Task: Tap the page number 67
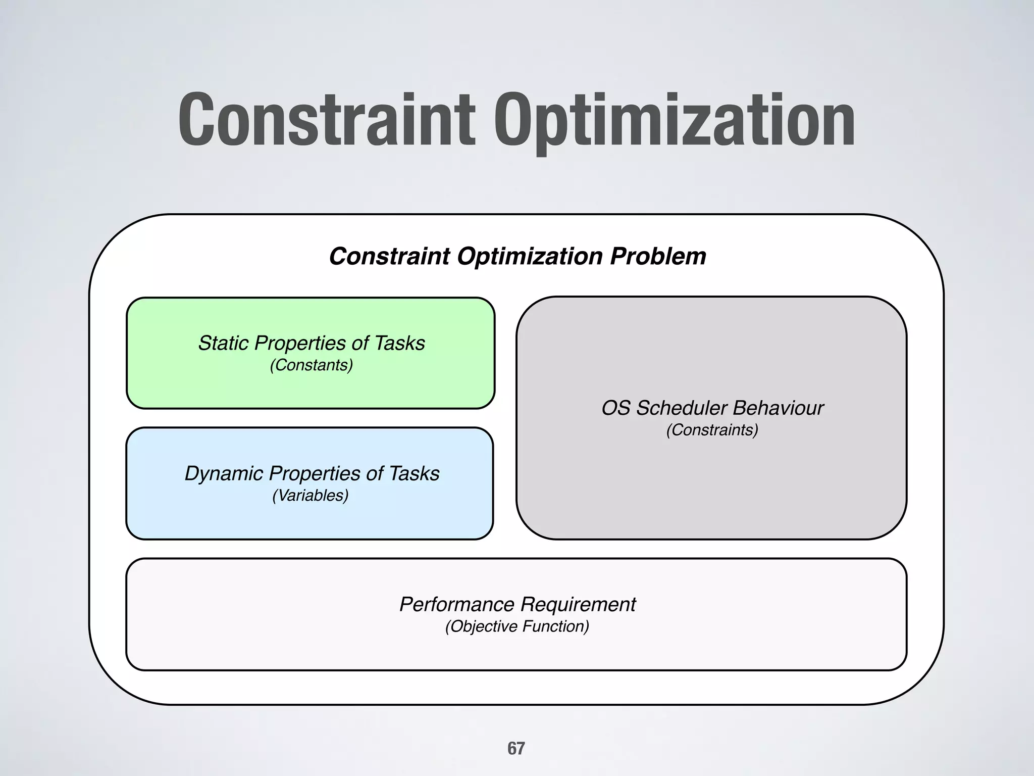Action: coord(516,748)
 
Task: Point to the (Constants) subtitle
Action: coord(311,365)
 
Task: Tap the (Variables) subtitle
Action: coord(310,495)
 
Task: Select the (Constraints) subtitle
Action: coord(712,430)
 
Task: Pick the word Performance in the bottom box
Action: coord(456,604)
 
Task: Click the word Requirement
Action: coord(578,604)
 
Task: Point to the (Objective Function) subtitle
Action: coord(517,626)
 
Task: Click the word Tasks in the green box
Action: coord(399,343)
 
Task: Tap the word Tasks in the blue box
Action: coord(414,473)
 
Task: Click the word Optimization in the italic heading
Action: coord(530,257)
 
